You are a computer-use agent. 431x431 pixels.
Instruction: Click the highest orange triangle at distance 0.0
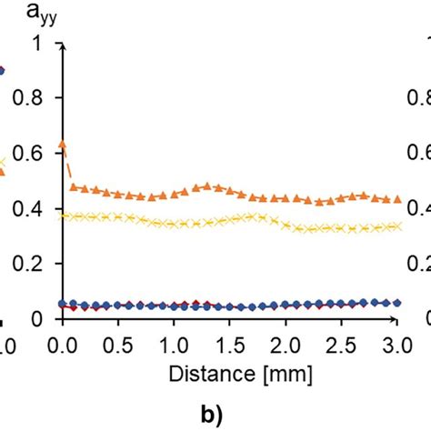(x=62, y=144)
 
